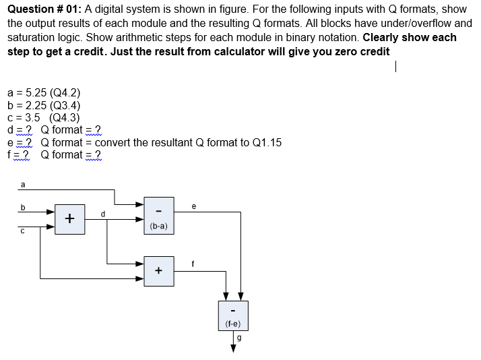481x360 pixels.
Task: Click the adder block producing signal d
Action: pos(70,218)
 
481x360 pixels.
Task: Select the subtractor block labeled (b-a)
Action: pos(159,218)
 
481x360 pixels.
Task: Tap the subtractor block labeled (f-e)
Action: pos(233,316)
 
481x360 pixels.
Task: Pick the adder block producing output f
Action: pos(159,272)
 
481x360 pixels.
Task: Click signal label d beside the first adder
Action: pos(102,214)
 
